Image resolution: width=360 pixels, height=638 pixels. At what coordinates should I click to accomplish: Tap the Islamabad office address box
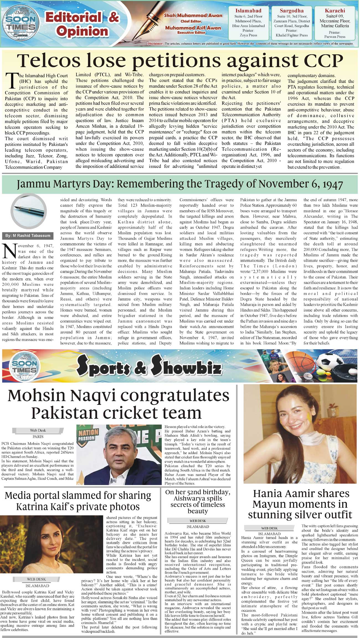tap(248, 23)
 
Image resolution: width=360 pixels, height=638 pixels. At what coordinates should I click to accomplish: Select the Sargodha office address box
tap(292, 23)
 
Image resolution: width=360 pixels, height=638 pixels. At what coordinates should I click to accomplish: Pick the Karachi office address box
tap(335, 23)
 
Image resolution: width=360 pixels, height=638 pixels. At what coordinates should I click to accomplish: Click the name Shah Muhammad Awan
tap(193, 16)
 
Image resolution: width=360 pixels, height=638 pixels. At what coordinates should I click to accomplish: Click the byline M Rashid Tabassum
tap(28, 236)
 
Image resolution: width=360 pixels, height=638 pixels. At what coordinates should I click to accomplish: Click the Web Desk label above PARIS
tap(38, 430)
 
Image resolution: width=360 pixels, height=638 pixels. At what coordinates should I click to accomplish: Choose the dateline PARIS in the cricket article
tap(38, 437)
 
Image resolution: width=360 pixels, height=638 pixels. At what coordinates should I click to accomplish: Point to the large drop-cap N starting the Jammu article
tap(9, 251)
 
